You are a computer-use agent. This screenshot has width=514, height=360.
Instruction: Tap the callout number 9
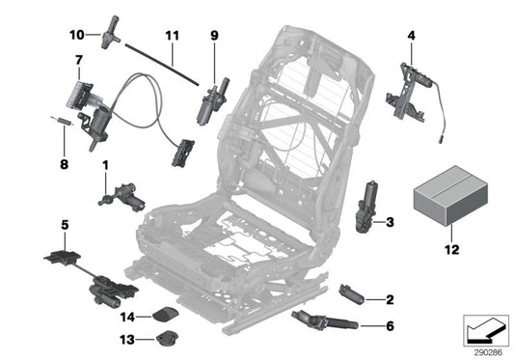(x=215, y=36)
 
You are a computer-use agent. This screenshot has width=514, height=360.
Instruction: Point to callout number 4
(x=412, y=37)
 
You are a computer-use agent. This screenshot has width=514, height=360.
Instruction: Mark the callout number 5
(x=65, y=226)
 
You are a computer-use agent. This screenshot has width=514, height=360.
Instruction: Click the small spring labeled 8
(x=59, y=120)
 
